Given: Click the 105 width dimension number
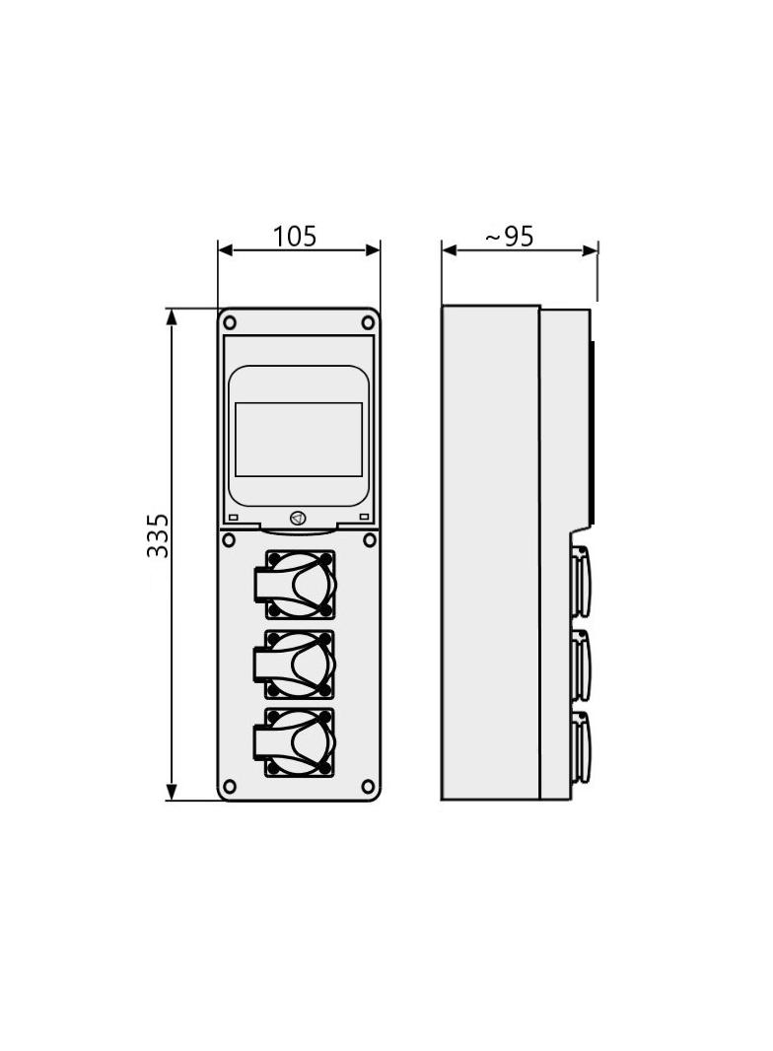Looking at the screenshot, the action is (x=295, y=236).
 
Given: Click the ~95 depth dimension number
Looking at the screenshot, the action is (x=509, y=236).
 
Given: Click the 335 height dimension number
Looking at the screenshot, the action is (x=158, y=535).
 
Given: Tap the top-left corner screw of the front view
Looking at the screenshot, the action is (x=230, y=322).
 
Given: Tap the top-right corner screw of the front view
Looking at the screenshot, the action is (x=368, y=322).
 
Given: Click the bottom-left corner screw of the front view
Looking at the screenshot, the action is (x=230, y=786).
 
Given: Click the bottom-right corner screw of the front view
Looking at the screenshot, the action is (x=368, y=786).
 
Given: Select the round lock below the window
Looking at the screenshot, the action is (x=298, y=519).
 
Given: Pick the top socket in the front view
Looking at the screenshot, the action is (x=295, y=585).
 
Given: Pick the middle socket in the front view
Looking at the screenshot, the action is (x=295, y=665).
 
